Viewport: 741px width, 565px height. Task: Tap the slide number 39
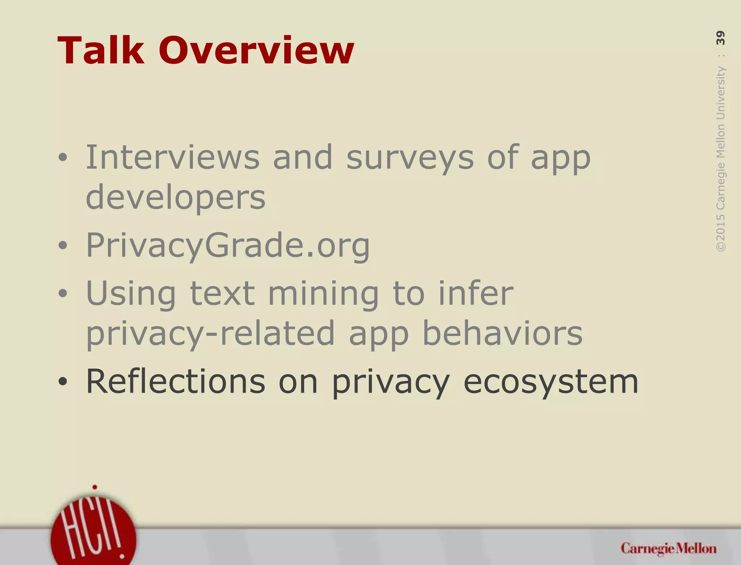[720, 38]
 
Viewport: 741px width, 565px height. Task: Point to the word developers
[175, 198]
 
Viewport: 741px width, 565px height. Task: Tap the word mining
[323, 294]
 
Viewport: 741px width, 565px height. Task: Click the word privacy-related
[210, 334]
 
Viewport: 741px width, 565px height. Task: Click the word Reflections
[175, 382]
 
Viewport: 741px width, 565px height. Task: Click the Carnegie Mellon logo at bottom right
[668, 549]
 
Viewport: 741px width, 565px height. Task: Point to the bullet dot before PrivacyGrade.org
[63, 246]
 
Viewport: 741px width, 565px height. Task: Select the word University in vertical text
[720, 93]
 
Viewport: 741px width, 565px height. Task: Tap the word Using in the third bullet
[131, 294]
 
